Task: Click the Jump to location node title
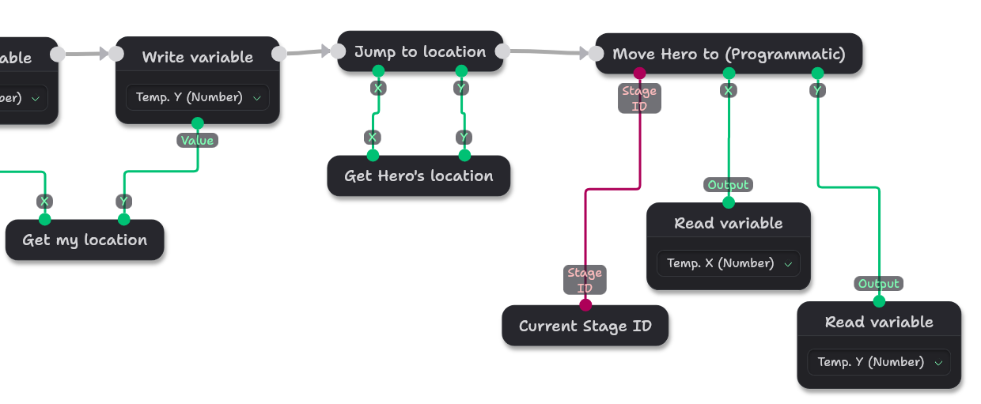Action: tap(420, 52)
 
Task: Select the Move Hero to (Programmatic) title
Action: tap(729, 55)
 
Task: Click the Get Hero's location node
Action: tap(419, 176)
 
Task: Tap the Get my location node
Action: tap(85, 240)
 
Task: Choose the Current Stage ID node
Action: tap(585, 327)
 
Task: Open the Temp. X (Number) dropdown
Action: tap(729, 263)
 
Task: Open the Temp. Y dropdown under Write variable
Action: tap(198, 97)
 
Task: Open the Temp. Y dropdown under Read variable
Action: tap(879, 362)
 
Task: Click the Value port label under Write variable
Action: tap(198, 141)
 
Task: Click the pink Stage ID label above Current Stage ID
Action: tap(585, 280)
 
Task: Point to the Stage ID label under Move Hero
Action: tap(639, 98)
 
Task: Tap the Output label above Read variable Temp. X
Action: tap(729, 185)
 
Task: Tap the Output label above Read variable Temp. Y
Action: tap(879, 284)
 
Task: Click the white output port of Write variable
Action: tap(279, 54)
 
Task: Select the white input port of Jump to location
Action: tap(338, 51)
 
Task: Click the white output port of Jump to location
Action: tap(502, 51)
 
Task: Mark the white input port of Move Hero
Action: tap(596, 54)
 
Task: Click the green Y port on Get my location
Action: tap(124, 219)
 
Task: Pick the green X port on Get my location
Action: tap(45, 219)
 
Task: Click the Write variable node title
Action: tap(198, 58)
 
